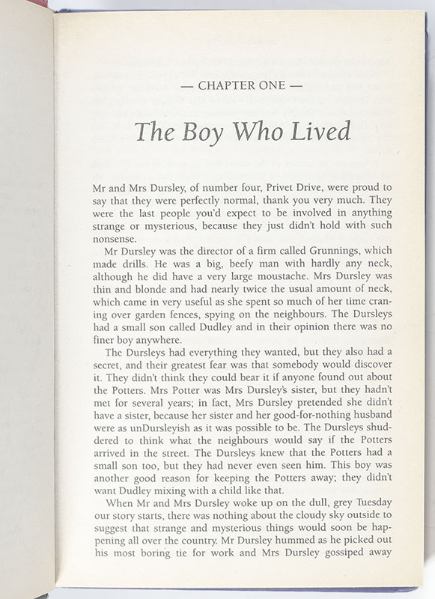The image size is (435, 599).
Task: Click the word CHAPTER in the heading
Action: [x=224, y=86]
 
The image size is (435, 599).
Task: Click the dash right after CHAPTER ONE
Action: [x=296, y=86]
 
